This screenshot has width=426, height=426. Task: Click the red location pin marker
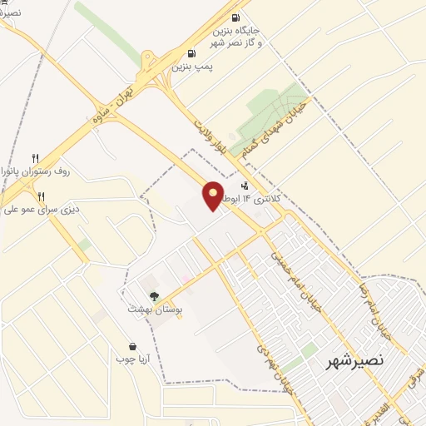click(x=214, y=196)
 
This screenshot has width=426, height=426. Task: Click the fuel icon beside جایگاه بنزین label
click(x=235, y=18)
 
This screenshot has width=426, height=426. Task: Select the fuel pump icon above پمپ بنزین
click(x=192, y=52)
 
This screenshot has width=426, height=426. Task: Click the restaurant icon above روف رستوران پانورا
click(x=35, y=158)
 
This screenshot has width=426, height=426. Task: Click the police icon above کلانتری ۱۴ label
click(x=244, y=186)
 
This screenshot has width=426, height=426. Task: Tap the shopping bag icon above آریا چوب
click(x=133, y=346)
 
